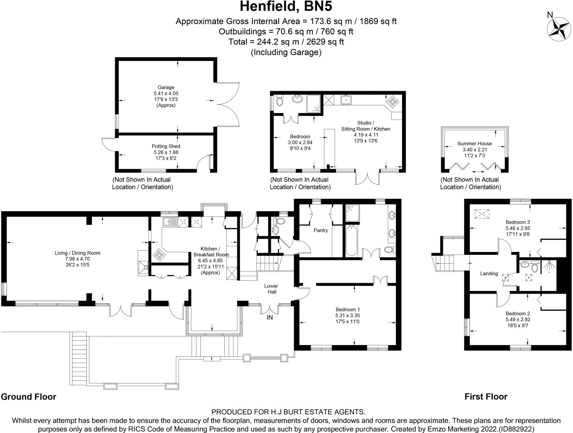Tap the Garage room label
pos(166,88)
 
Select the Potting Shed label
pos(166,146)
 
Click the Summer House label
pos(475,143)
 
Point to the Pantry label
pos(321,230)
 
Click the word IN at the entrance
pos(270,317)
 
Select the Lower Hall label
pos(271,289)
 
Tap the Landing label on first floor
pos(489,274)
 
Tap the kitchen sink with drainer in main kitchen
pos(170,222)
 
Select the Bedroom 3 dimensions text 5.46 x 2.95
pos(518,228)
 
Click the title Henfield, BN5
pos(286,7)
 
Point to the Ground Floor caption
pos(29,397)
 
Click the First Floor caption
pos(486,397)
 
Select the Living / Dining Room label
pos(78,253)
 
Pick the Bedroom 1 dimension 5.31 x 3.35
pos(347,316)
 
